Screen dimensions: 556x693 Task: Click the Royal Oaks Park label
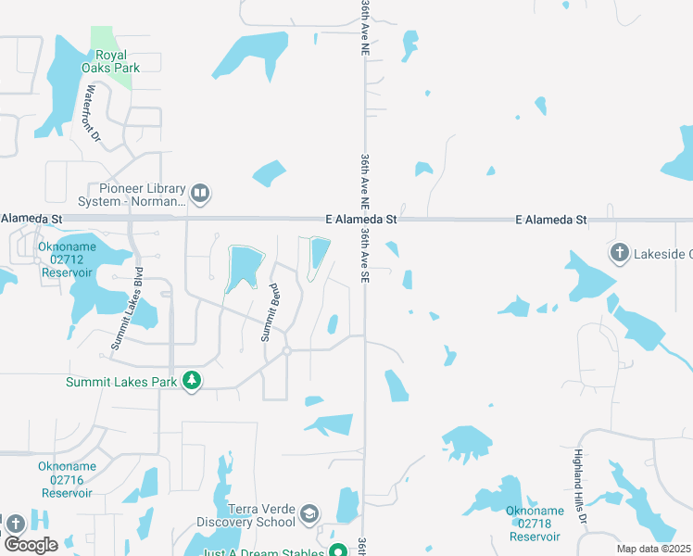pos(118,61)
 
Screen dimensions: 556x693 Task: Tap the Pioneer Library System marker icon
pos(200,195)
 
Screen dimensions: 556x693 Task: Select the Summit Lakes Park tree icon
pos(192,381)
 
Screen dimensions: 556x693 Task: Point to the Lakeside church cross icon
pos(619,252)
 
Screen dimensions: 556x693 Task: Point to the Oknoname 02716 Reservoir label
pos(65,479)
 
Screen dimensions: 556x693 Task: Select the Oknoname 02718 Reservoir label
pos(535,524)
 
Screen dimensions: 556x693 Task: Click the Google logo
pos(31,544)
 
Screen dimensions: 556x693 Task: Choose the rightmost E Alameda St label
pos(551,220)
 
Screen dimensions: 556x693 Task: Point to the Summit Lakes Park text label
pos(120,382)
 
